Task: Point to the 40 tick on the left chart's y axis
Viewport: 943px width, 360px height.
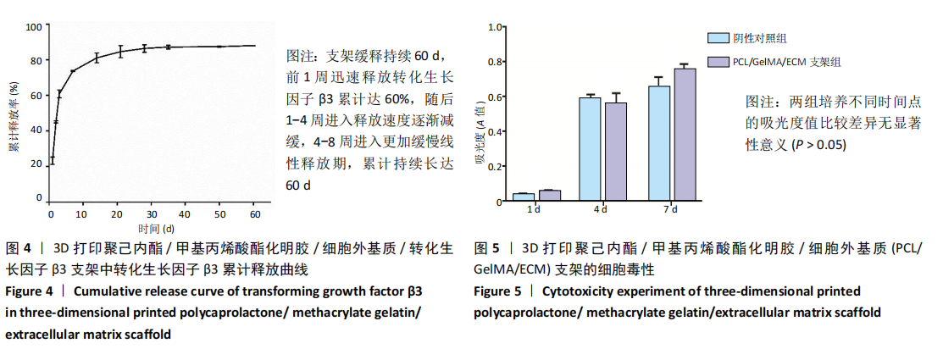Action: pos(36,130)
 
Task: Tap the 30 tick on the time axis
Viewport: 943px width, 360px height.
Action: pos(152,214)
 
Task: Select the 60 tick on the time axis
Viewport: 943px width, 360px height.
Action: pos(254,214)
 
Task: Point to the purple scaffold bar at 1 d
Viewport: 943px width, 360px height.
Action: pos(550,197)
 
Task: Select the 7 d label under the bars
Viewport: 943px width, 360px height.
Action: pos(671,209)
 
